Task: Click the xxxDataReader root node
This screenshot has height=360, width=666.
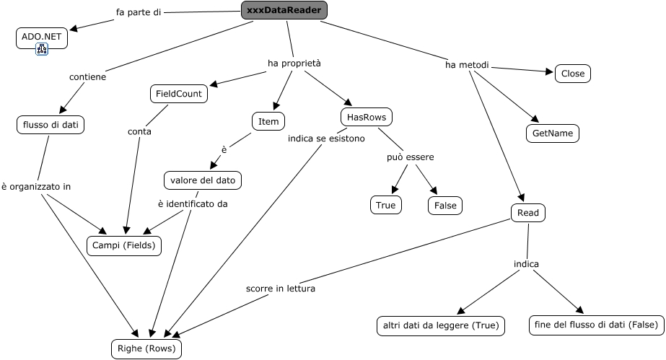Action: tap(284, 10)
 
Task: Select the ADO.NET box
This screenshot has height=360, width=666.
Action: tap(41, 37)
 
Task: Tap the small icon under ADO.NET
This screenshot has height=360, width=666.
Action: tap(42, 49)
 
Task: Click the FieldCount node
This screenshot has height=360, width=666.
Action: tap(179, 94)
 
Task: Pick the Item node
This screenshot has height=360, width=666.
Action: tap(268, 122)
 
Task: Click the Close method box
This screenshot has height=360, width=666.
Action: tap(573, 74)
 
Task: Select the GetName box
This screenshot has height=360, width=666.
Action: tap(552, 133)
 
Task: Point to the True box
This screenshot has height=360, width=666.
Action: tap(386, 205)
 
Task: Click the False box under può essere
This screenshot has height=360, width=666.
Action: tap(444, 205)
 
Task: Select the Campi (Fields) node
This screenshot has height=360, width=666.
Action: tap(123, 245)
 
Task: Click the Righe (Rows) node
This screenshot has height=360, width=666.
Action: tap(146, 349)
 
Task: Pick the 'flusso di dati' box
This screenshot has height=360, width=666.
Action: tap(50, 125)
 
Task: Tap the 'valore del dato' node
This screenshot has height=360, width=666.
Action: tap(203, 180)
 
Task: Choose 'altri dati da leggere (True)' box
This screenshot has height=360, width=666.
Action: tap(440, 325)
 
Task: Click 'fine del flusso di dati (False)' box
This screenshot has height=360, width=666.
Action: tap(595, 325)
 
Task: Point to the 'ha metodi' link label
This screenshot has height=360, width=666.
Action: tap(467, 66)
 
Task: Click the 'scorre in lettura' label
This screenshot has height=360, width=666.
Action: tap(280, 289)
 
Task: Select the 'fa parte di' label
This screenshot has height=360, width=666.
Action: tap(138, 12)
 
